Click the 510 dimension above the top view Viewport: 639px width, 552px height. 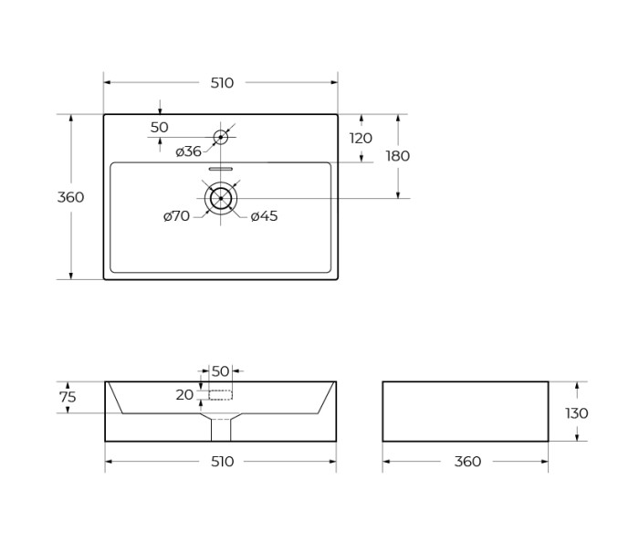pos(222,83)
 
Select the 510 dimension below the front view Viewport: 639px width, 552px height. pos(222,462)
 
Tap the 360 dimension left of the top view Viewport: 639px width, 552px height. pos(70,197)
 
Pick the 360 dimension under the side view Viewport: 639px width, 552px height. pos(466,462)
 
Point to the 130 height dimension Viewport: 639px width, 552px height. pos(576,413)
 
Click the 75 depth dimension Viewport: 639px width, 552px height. pos(68,397)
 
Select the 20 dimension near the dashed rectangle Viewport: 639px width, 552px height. pos(184,395)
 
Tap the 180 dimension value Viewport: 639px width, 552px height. pos(397,156)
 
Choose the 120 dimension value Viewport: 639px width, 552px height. pos(361,139)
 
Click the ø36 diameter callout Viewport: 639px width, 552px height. pos(188,151)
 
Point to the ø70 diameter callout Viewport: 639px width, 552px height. pos(176,216)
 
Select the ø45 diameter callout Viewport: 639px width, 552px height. pos(264,216)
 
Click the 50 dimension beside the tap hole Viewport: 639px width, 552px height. pos(159,128)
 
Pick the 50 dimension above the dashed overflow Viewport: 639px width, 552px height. pos(220,371)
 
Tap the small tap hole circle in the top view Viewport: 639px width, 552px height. pos(220,138)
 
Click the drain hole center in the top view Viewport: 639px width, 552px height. pos(220,198)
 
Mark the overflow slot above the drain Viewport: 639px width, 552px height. pos(221,169)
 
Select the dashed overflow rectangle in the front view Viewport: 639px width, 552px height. pos(220,395)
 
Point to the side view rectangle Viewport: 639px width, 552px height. pos(465,411)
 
